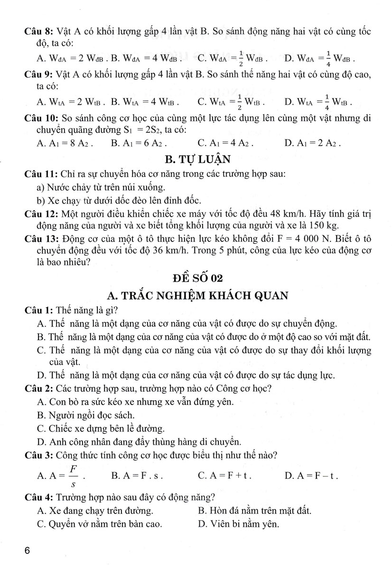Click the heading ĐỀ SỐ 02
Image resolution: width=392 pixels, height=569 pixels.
pyautogui.click(x=196, y=277)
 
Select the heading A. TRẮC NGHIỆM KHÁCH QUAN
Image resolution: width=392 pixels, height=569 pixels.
pyautogui.click(x=198, y=295)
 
